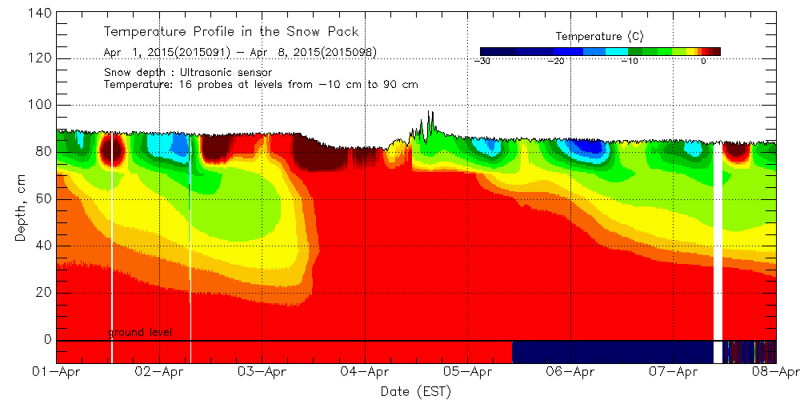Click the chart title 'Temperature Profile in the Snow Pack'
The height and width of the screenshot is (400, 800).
(231, 32)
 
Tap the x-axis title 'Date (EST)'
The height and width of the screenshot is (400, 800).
(415, 391)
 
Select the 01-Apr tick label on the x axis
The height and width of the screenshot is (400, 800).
(58, 372)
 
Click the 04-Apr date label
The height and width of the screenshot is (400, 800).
(365, 372)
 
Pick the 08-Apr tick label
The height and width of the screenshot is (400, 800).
(775, 372)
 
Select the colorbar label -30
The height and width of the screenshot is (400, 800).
(482, 61)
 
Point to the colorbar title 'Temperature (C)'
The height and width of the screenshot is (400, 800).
(598, 36)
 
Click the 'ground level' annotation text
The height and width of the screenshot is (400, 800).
(140, 333)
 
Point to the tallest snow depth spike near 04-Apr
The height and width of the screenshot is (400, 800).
(430, 114)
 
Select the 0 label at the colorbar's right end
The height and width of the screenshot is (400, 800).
(702, 61)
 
